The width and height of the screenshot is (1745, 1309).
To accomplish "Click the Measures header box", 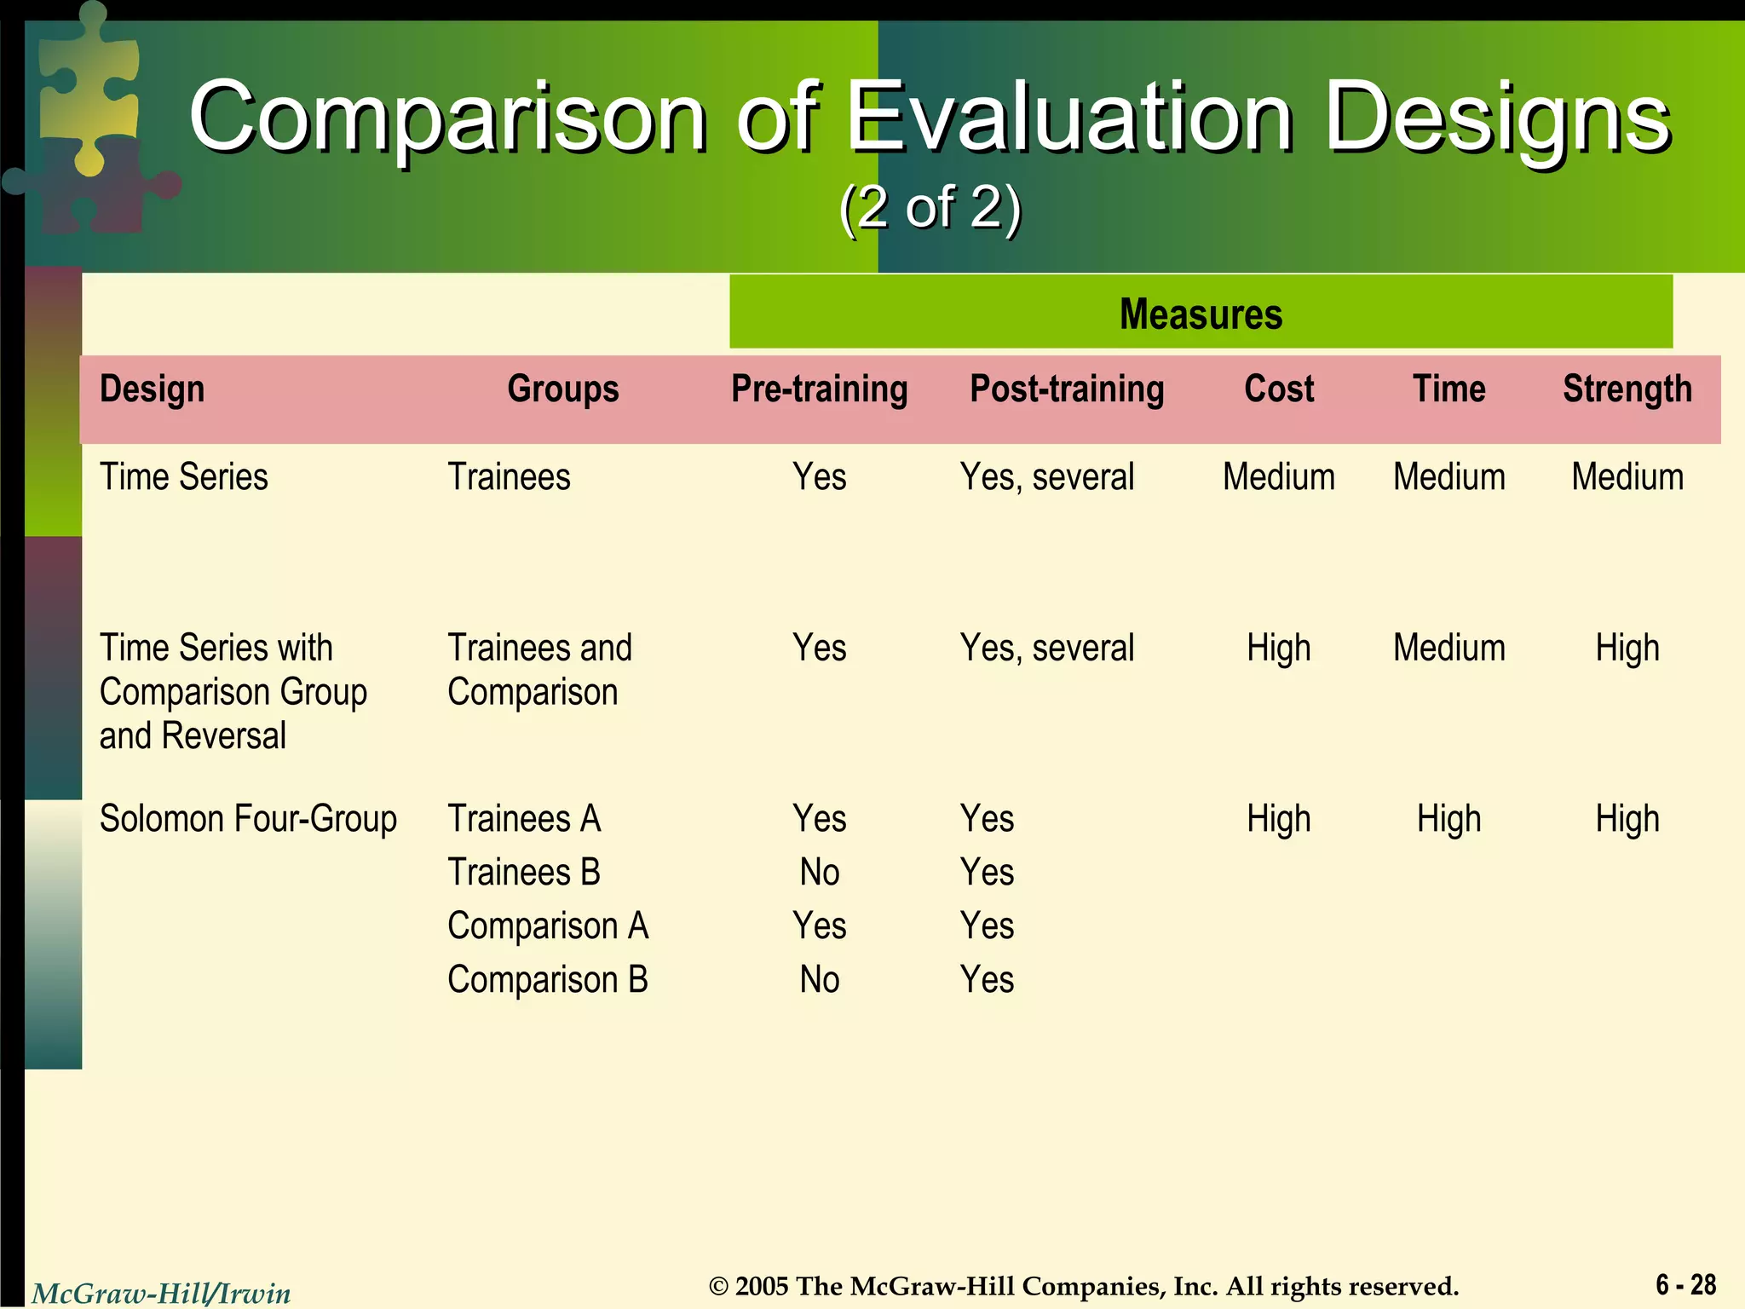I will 1201,313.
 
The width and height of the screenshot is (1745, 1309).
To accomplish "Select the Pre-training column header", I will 819,389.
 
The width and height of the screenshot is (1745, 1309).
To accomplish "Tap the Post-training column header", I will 1067,389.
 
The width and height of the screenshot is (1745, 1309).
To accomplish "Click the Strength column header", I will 1627,389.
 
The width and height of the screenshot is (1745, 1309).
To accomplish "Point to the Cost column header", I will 1278,389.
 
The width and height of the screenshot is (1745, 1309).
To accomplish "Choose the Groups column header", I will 562,389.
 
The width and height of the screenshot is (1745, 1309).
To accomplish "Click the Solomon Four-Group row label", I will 248,819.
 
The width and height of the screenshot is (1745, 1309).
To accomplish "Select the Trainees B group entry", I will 524,873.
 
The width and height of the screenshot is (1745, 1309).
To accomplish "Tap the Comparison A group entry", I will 548,926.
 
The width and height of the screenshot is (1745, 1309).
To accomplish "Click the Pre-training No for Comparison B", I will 819,980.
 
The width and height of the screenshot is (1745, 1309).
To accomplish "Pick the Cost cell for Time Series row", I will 1278,477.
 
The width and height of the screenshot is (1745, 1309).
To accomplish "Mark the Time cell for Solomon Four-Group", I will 1448,819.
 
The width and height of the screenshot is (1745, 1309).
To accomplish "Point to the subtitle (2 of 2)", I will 930,207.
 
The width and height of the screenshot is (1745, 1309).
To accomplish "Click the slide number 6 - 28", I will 1685,1284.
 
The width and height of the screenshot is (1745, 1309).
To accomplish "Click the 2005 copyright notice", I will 1084,1286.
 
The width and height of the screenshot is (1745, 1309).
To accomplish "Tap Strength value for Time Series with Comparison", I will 1627,649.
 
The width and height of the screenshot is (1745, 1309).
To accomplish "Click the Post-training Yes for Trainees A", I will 987,819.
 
